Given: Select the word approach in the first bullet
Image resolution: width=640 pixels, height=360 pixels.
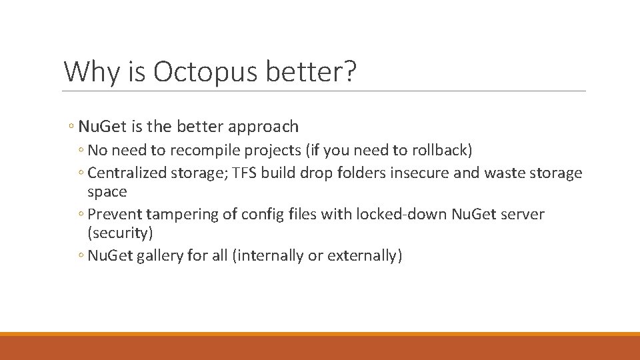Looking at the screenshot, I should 265,126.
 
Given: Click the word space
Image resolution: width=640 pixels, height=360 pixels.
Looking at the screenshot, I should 107,191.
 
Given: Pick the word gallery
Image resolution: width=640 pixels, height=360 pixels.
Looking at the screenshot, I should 159,255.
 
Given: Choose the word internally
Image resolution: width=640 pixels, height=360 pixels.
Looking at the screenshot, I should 266,255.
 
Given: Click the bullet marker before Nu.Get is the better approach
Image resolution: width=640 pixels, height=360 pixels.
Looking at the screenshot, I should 71,127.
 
